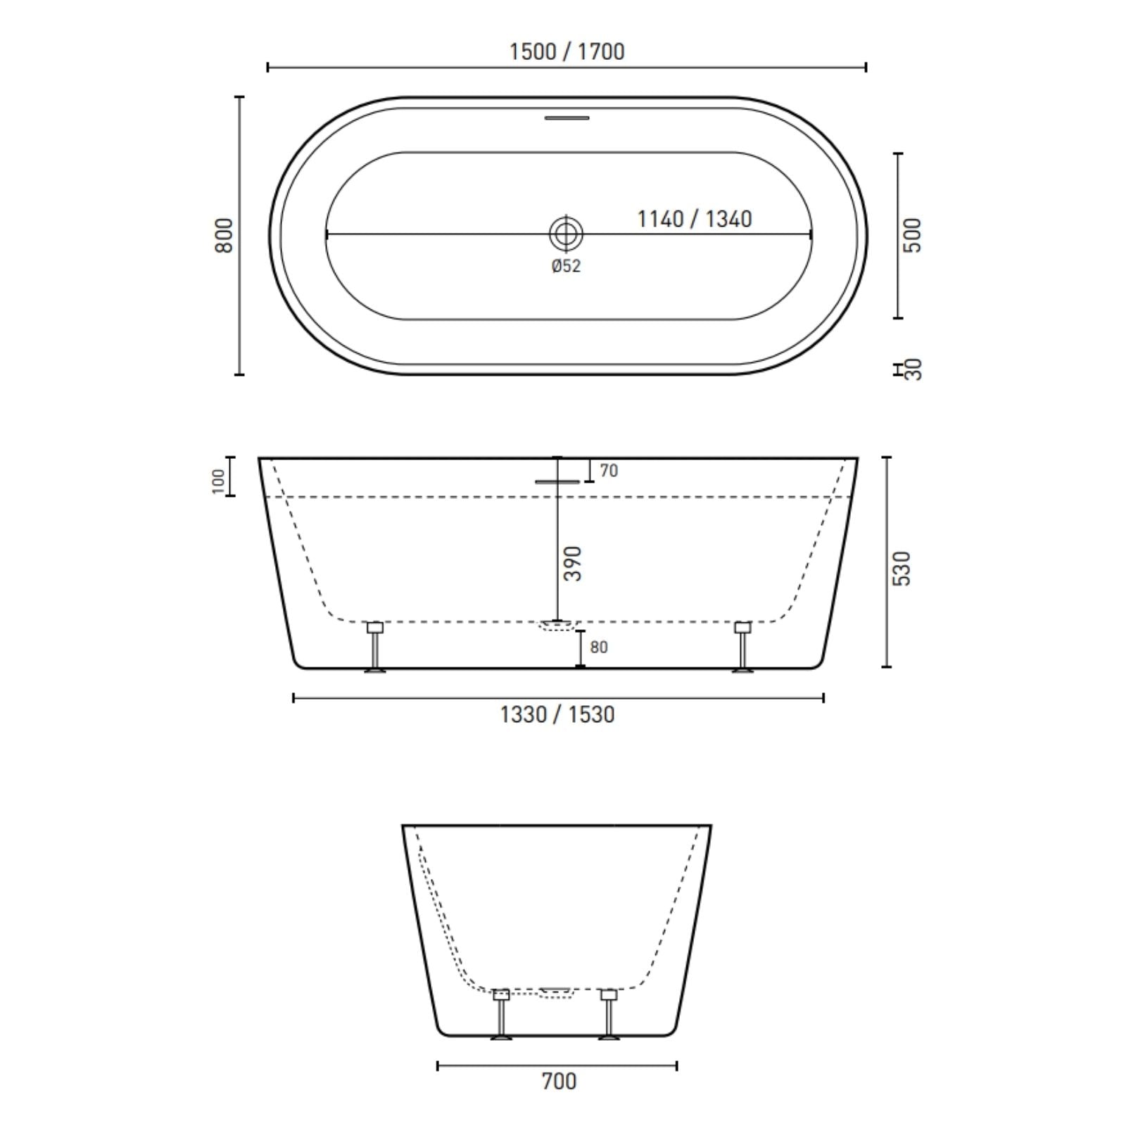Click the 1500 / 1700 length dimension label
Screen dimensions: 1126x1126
(567, 51)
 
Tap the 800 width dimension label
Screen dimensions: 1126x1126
(223, 236)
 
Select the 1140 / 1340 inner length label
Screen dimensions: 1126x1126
(694, 219)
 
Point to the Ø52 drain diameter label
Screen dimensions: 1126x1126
(566, 266)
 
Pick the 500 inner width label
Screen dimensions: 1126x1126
(912, 236)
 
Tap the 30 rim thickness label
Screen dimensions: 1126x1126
(913, 369)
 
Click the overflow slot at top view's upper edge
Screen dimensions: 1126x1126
(567, 118)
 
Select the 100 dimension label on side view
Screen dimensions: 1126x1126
(218, 481)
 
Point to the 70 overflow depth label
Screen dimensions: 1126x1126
(608, 471)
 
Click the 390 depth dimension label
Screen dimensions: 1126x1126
(574, 563)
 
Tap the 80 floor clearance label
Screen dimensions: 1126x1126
(598, 647)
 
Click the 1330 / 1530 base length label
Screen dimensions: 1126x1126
(557, 715)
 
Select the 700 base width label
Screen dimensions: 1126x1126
(559, 1080)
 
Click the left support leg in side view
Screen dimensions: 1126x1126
(375, 647)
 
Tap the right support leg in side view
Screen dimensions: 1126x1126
(742, 647)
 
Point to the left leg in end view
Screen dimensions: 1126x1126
(500, 1013)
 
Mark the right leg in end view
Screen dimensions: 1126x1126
(608, 1013)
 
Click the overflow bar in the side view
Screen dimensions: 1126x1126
(557, 482)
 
